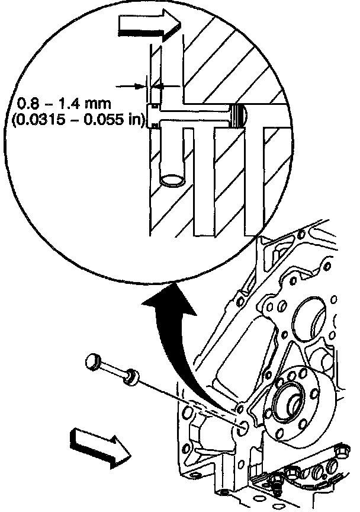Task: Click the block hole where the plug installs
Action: tap(243, 425)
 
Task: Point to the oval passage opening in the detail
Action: tap(172, 180)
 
